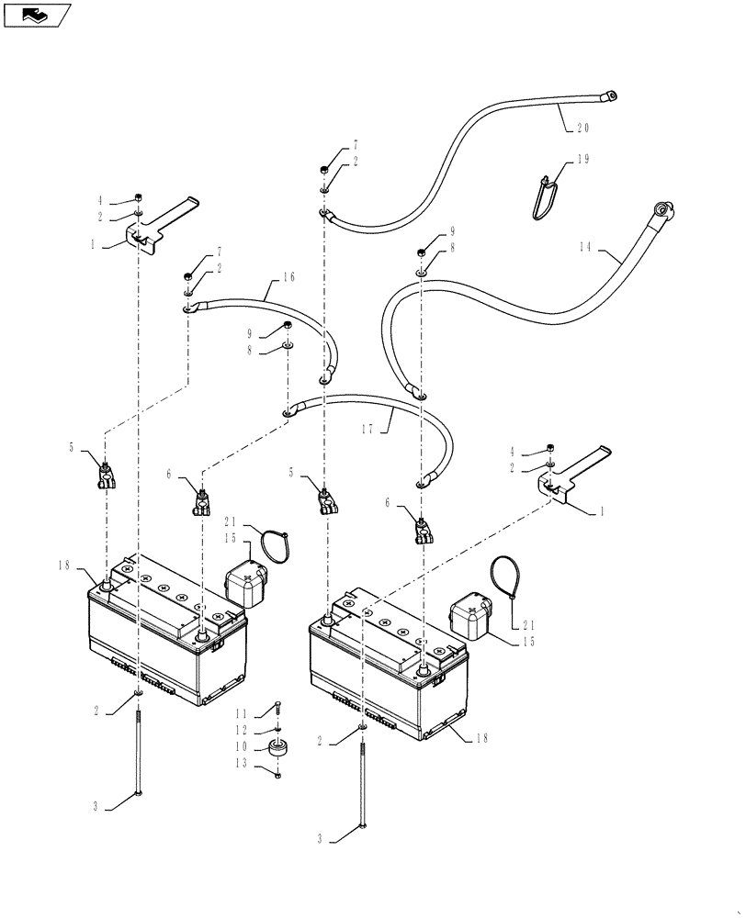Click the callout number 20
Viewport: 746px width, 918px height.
pyautogui.click(x=582, y=128)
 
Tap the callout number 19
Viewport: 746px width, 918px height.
pyautogui.click(x=582, y=160)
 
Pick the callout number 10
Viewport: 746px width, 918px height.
pyautogui.click(x=242, y=749)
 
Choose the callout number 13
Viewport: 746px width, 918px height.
pyautogui.click(x=242, y=764)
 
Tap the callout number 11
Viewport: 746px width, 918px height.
pyautogui.click(x=242, y=713)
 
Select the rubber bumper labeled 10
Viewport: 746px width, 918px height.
pyautogui.click(x=277, y=747)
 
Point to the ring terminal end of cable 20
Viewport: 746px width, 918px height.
pyautogui.click(x=607, y=94)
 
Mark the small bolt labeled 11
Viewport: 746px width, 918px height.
pyautogui.click(x=277, y=709)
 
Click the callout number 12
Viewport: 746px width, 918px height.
pyautogui.click(x=242, y=731)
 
